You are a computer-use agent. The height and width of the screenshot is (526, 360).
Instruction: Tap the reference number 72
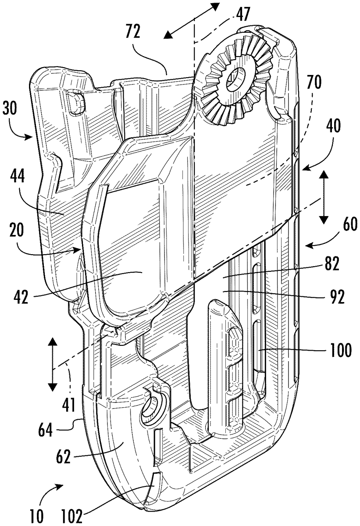pos(132,32)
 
